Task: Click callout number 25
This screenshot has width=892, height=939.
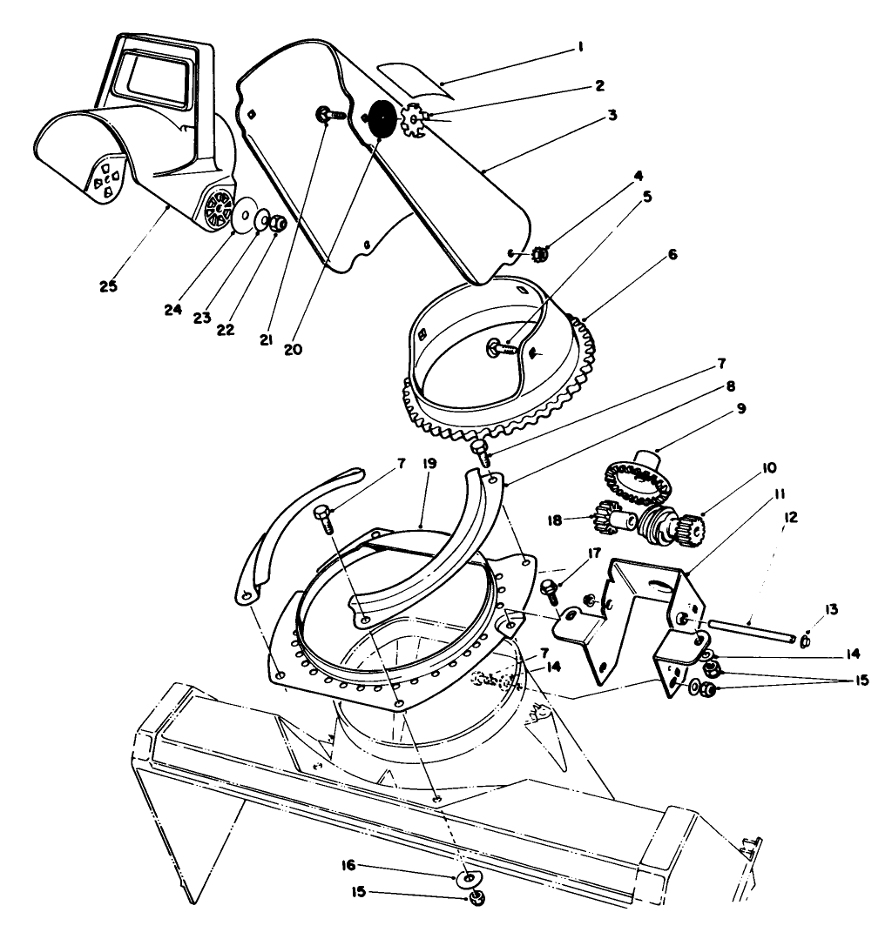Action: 109,285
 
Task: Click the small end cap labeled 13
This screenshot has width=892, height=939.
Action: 804,642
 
